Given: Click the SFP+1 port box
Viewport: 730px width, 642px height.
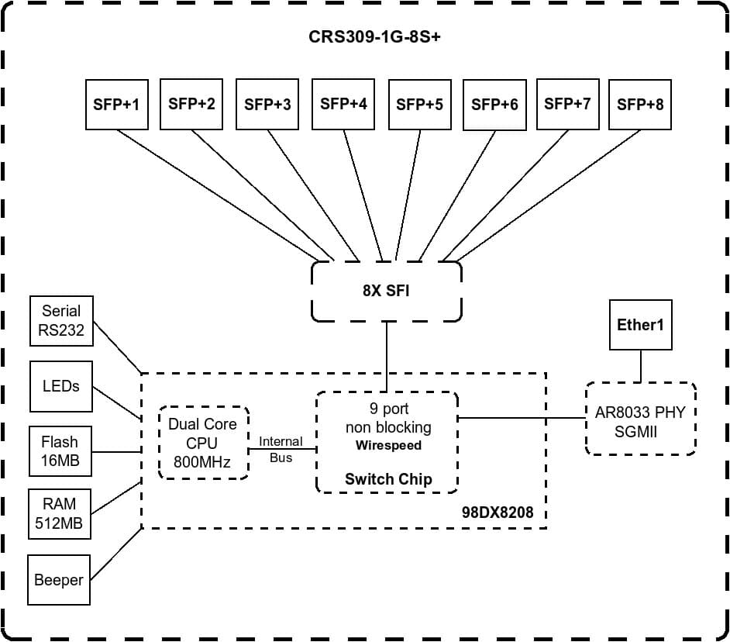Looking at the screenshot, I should pos(116,104).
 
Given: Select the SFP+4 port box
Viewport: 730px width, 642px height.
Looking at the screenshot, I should pos(343,103).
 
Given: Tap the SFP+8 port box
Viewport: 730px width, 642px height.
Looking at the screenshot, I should pos(639,104).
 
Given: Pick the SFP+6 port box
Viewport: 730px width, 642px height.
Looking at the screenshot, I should pos(494,104).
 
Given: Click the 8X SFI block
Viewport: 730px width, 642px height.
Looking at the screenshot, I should pos(386,292).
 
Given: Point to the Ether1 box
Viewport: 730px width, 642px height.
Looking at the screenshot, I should pos(640,325).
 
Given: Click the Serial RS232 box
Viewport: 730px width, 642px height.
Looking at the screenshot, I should pos(61,321).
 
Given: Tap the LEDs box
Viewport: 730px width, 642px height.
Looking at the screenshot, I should pos(61,386).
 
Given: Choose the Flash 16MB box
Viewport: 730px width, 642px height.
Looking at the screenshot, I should pos(60,451).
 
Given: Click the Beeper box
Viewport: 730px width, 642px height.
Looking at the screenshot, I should pos(59,579).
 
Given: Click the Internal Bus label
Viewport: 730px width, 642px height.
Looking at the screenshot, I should pos(281,449).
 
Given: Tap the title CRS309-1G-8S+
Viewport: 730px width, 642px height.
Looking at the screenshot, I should pos(364,37).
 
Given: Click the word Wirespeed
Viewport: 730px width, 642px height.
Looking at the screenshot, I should pos(388,446).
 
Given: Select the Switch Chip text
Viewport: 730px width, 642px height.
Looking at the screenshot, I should pos(388,479).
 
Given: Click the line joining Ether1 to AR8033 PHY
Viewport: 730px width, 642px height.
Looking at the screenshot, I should pos(640,366).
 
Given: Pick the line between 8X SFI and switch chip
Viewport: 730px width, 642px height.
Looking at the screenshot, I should pos(386,357).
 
